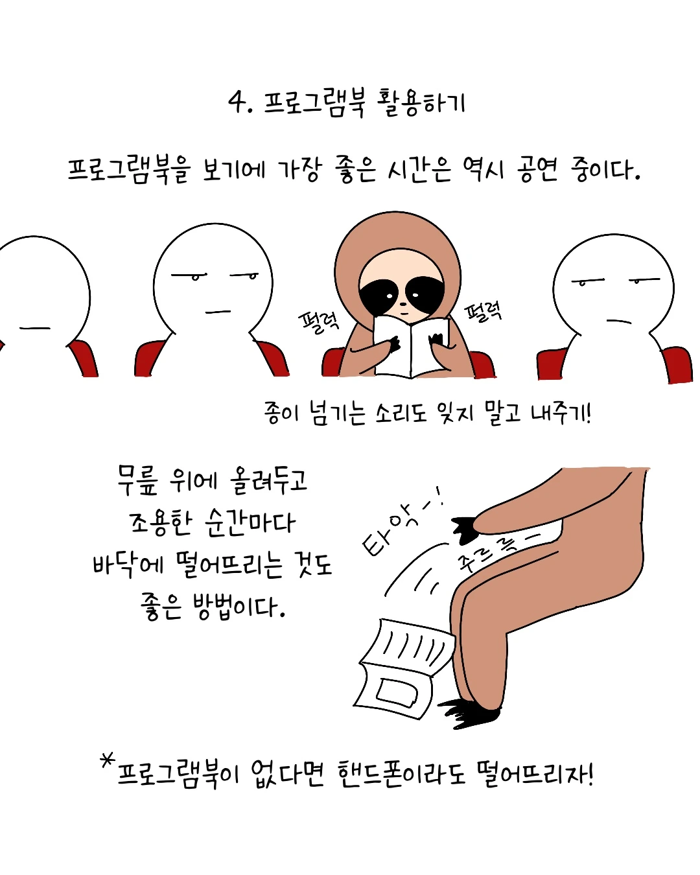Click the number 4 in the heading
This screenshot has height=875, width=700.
tap(237, 102)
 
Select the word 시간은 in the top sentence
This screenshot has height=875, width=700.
tap(419, 170)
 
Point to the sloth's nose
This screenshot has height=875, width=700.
tap(402, 304)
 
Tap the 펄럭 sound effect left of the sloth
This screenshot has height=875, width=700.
tap(318, 323)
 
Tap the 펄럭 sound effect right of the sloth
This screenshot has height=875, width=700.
tap(484, 312)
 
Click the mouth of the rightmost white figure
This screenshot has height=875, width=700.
tap(618, 321)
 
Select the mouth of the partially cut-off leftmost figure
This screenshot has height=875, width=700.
tap(34, 328)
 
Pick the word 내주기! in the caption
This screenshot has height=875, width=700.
tap(561, 413)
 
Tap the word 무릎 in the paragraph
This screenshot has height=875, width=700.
tap(137, 482)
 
